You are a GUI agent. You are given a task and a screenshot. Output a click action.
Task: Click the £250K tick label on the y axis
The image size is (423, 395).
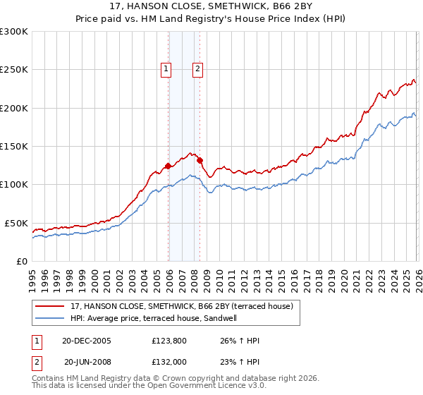[x=14, y=70]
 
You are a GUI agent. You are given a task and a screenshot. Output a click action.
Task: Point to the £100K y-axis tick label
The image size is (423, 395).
[x=14, y=185]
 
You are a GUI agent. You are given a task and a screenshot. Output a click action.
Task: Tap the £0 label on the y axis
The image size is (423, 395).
[x=23, y=261]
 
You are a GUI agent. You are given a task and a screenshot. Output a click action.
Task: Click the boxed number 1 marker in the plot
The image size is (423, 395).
[x=166, y=68]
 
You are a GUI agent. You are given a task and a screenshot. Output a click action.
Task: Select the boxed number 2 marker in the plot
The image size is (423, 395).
[x=197, y=68]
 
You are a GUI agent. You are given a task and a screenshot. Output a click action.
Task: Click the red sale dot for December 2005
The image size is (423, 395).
[x=168, y=166]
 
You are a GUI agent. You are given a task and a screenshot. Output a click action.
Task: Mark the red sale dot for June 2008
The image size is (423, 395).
[x=200, y=160]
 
